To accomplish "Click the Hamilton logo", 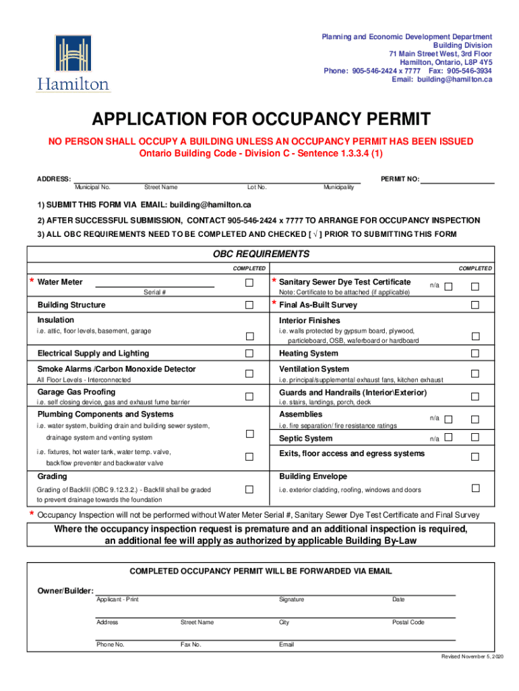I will coord(73,63).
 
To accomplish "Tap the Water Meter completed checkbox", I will coord(249,282).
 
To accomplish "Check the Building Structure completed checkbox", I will coord(249,305).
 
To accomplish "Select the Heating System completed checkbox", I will coord(475,354).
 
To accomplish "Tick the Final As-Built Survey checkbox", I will coord(475,305).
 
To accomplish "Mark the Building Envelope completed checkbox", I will coord(475,489).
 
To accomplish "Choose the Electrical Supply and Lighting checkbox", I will coord(249,354).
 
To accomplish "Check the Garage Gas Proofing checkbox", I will coord(249,396).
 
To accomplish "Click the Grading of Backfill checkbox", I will coord(249,489).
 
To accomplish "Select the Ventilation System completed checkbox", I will coord(475,373).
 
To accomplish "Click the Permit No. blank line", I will coord(458,182).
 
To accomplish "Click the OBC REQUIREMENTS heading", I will coord(261,254).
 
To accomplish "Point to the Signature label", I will coord(291,600).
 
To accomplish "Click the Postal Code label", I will coord(408,622).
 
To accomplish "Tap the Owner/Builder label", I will coord(65,591).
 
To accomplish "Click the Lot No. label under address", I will coord(257,187).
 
